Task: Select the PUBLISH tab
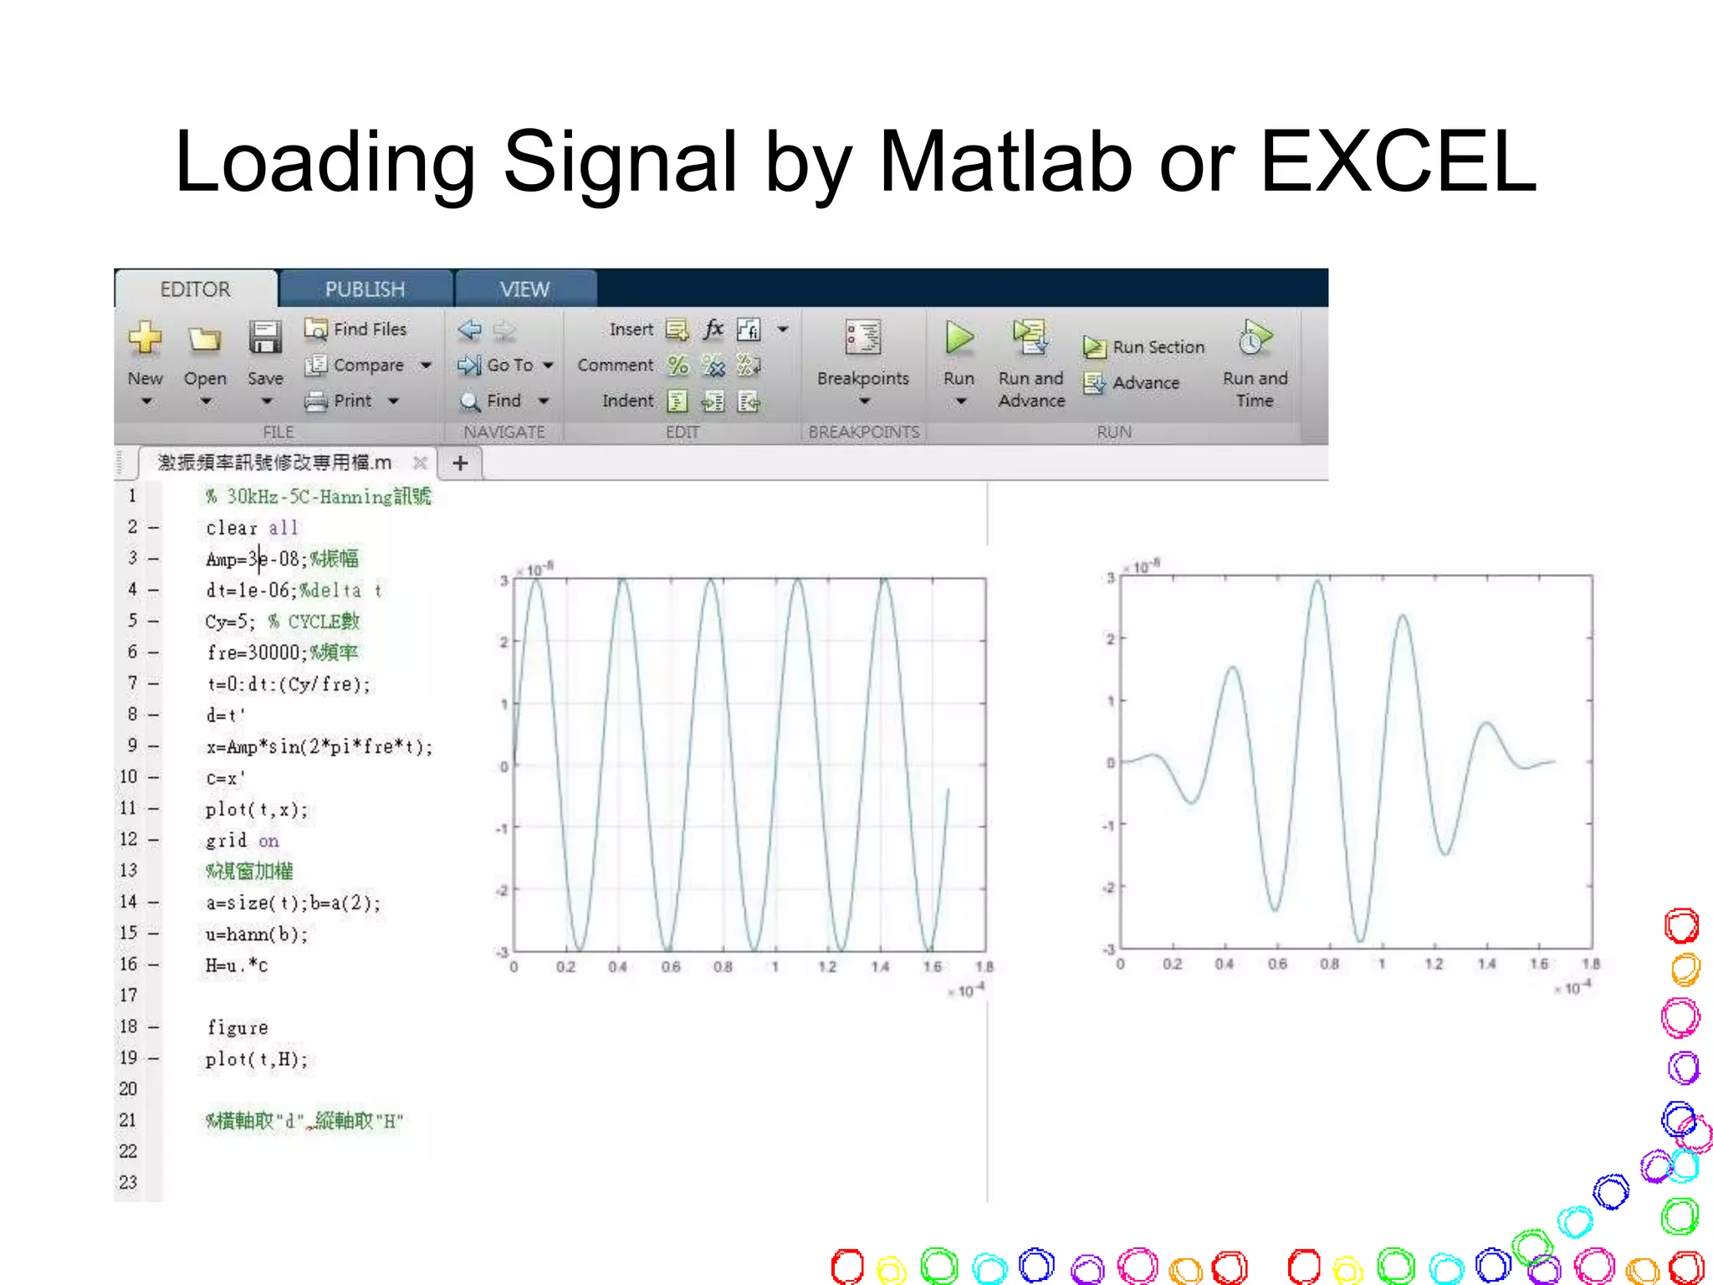point(365,289)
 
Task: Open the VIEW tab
point(524,289)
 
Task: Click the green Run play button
point(959,338)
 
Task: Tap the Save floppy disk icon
point(265,338)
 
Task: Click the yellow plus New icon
point(145,338)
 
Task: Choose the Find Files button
point(356,330)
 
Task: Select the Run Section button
point(1145,347)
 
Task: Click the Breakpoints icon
point(862,338)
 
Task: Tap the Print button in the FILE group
point(341,402)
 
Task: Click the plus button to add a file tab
point(460,463)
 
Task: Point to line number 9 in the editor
point(132,745)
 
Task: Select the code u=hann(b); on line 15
point(257,934)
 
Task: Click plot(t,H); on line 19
point(257,1059)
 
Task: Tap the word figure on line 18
point(238,1028)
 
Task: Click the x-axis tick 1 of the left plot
point(775,967)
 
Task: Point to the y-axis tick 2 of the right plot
point(1110,639)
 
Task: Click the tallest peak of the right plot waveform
point(1318,582)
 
